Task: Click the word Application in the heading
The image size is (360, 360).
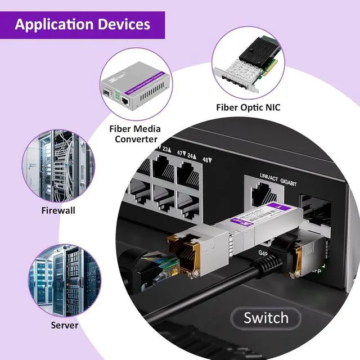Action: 53,25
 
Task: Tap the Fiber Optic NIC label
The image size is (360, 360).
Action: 248,107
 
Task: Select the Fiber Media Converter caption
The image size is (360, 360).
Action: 135,134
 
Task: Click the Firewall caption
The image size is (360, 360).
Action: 58,210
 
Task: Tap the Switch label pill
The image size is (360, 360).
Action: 266,318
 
